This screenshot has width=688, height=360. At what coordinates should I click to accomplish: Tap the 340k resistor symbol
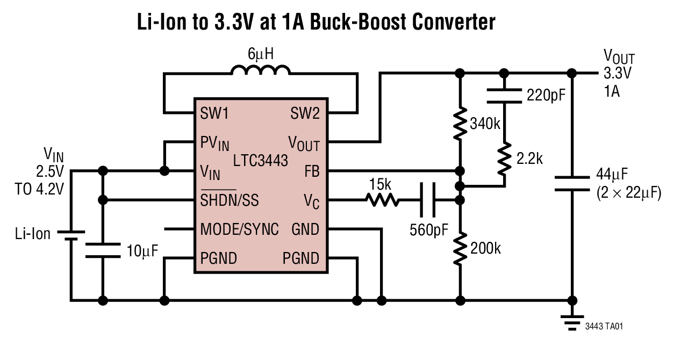click(x=460, y=124)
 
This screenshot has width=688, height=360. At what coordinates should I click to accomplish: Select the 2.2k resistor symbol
click(x=504, y=158)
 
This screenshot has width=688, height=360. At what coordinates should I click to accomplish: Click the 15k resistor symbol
click(x=382, y=200)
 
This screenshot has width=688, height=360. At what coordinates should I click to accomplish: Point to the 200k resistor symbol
click(x=460, y=248)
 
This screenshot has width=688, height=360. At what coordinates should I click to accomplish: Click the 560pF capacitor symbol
click(x=428, y=200)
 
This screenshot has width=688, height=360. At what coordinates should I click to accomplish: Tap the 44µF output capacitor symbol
click(x=572, y=183)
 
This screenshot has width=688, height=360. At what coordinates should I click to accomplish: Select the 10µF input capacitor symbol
click(x=103, y=250)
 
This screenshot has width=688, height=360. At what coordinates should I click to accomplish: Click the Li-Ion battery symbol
click(x=70, y=235)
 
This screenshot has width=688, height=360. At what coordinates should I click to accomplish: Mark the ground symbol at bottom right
click(x=572, y=321)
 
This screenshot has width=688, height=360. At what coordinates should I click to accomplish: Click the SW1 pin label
click(x=214, y=113)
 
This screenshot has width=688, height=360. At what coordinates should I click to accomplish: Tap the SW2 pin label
click(x=305, y=113)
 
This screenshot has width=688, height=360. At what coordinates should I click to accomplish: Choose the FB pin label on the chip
click(x=311, y=171)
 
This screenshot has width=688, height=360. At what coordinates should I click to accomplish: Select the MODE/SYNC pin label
click(x=239, y=229)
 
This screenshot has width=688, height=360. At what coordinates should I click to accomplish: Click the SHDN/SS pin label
click(x=230, y=200)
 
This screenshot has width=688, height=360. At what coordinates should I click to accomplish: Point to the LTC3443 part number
click(x=261, y=160)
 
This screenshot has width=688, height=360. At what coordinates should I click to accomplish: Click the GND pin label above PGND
click(x=305, y=229)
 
